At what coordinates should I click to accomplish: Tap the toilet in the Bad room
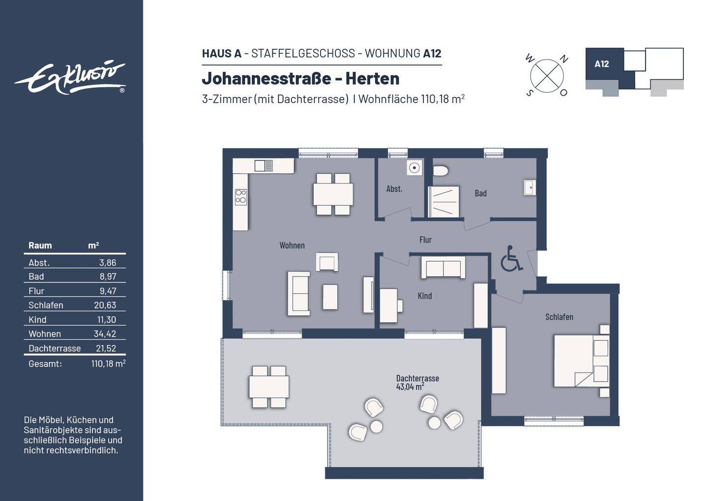tap(441, 171)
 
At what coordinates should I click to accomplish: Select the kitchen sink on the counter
tap(264, 166)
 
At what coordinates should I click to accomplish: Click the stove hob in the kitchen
tap(240, 197)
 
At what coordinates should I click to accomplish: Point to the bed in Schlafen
tap(580, 360)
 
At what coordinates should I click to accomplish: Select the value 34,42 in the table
tap(105, 334)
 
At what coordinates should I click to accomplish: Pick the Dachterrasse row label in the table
tap(55, 348)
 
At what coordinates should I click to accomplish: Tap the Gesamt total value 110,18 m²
tap(108, 364)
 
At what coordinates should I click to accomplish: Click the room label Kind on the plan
tap(424, 296)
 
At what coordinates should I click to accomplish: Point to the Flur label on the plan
tap(425, 240)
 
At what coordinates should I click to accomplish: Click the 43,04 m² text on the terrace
tap(410, 387)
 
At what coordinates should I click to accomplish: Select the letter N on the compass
tap(564, 60)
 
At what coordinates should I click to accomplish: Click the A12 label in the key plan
tap(601, 64)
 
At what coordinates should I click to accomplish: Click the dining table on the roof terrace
tap(269, 387)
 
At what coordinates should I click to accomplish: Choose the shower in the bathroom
tap(444, 201)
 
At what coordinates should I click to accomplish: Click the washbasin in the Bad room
tap(529, 188)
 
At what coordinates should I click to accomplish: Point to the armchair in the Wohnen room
tap(327, 262)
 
